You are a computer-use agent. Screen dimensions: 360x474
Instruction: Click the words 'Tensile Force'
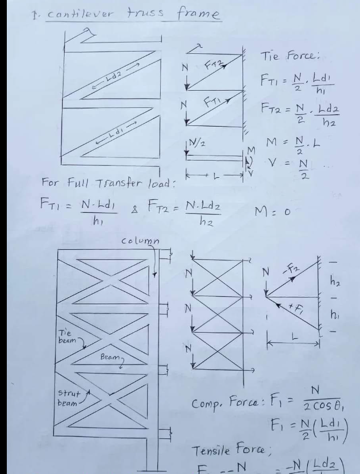point(226,451)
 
